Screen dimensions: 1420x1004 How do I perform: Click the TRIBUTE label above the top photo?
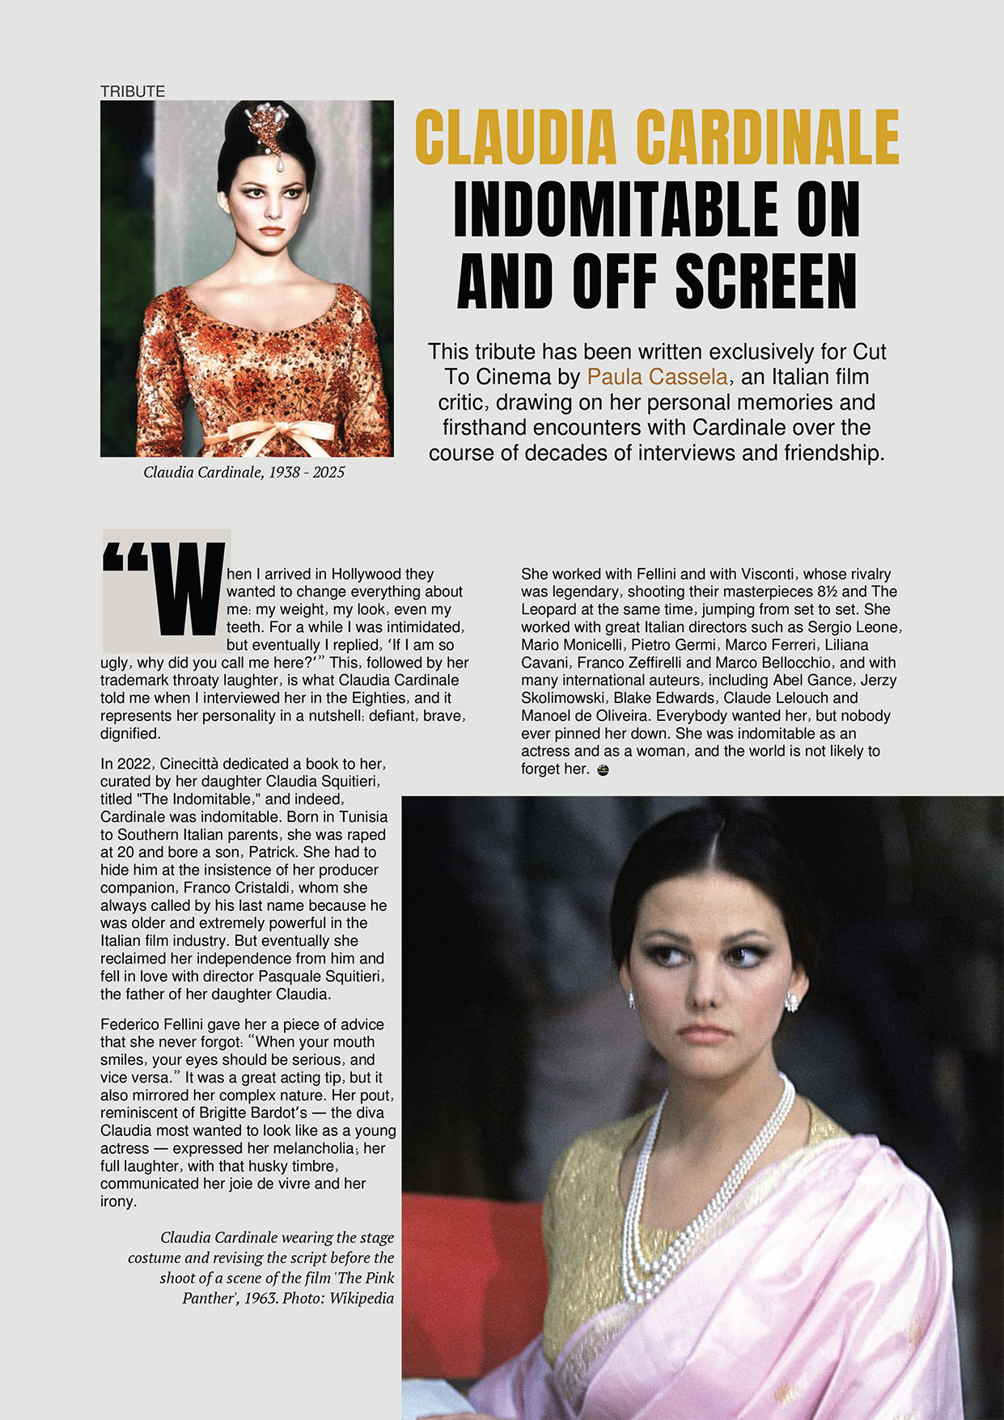[133, 91]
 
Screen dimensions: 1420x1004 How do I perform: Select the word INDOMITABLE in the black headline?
[619, 210]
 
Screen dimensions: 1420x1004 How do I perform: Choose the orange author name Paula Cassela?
[657, 377]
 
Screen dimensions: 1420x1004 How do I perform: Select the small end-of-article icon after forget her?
[602, 770]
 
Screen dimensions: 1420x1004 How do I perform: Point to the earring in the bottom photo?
[792, 1003]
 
